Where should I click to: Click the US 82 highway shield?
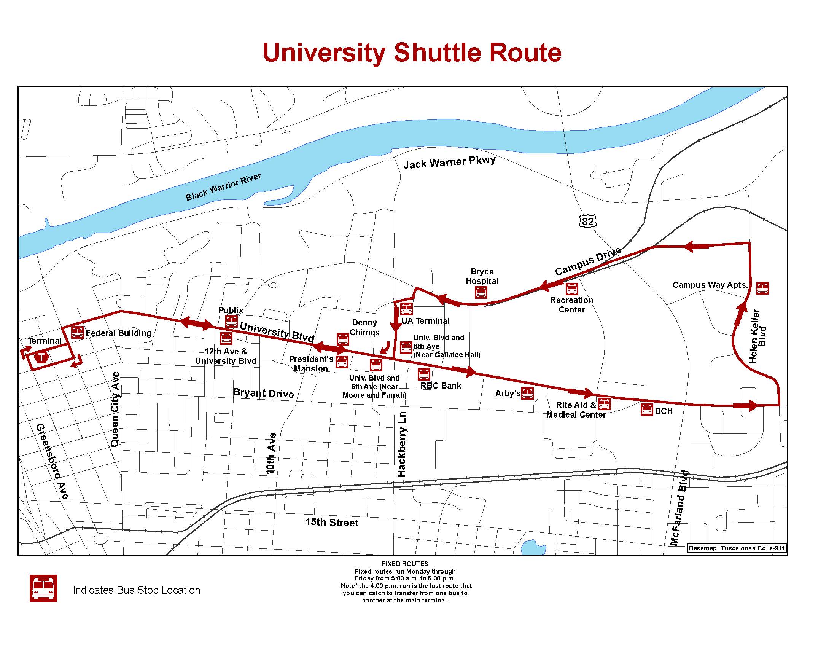click(587, 221)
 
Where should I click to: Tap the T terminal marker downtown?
click(41, 357)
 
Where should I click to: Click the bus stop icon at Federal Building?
click(77, 332)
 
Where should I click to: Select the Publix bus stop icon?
click(231, 321)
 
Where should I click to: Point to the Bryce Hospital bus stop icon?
click(481, 292)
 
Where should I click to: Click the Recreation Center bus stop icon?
click(572, 288)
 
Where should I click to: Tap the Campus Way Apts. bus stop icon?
click(762, 288)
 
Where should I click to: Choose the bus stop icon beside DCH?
click(646, 410)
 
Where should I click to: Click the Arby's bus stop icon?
click(528, 393)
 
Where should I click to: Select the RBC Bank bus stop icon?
click(424, 374)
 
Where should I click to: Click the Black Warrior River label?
click(223, 186)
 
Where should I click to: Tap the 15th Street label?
click(331, 522)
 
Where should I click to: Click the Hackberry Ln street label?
click(401, 444)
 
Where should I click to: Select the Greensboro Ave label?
click(53, 461)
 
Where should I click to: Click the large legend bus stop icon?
click(43, 588)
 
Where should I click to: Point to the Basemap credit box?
click(737, 548)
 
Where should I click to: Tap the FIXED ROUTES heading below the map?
click(405, 563)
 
